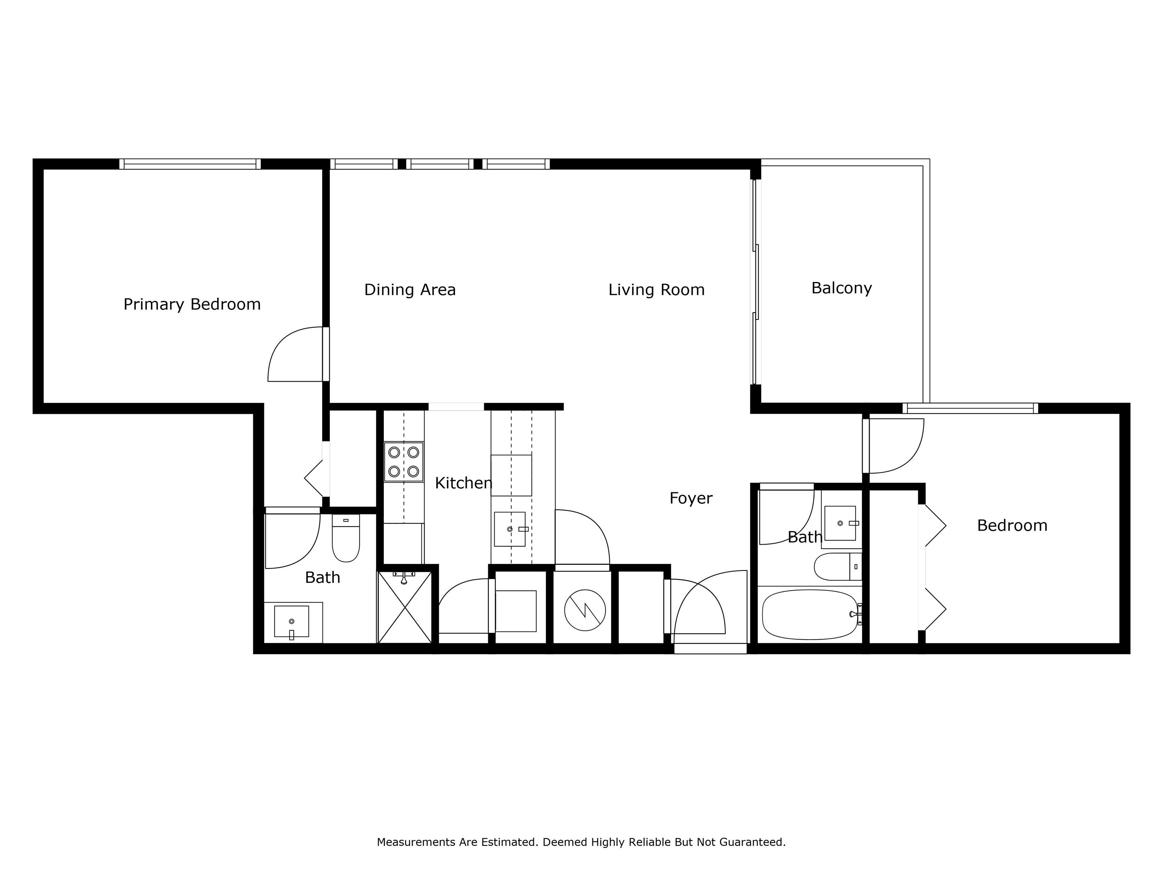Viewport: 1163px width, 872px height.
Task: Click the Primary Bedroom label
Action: pyautogui.click(x=192, y=304)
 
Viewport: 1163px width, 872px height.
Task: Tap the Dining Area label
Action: pyautogui.click(x=410, y=290)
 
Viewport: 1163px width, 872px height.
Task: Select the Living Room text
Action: pyautogui.click(x=656, y=290)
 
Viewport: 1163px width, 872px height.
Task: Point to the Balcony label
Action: pyautogui.click(x=842, y=288)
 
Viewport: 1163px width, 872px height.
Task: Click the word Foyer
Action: pyautogui.click(x=691, y=498)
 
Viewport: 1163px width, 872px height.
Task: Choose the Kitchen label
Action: pyautogui.click(x=464, y=483)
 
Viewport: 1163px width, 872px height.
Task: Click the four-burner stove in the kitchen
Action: pyautogui.click(x=404, y=461)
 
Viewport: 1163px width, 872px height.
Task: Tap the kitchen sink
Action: pyautogui.click(x=510, y=529)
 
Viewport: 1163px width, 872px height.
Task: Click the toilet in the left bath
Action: pyautogui.click(x=346, y=538)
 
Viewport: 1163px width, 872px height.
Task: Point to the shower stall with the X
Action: pyautogui.click(x=404, y=607)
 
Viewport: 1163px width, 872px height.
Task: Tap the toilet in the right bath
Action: pyautogui.click(x=838, y=566)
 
